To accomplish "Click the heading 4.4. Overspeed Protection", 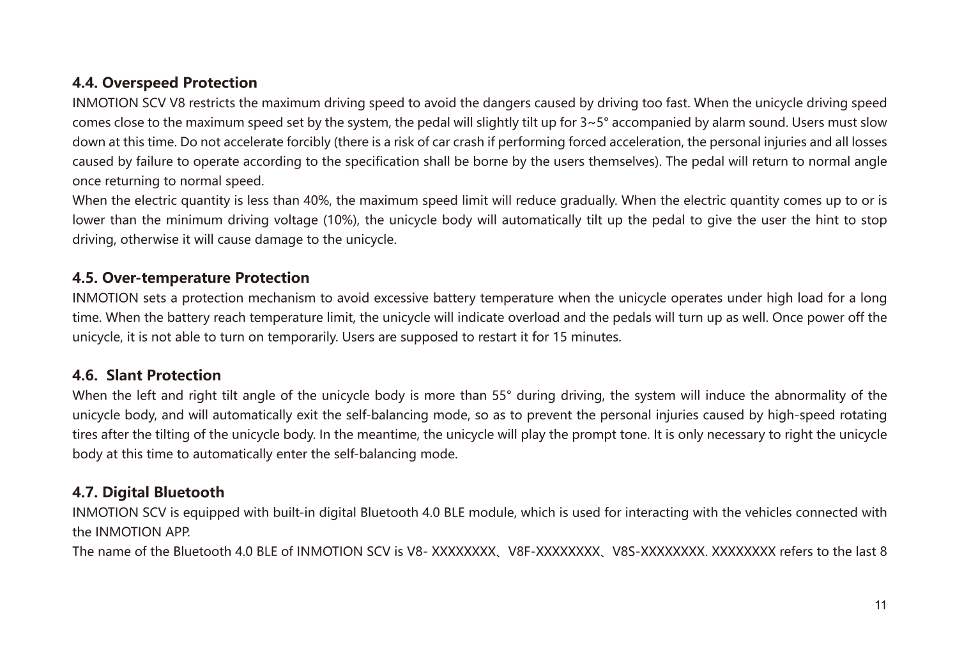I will pyautogui.click(x=165, y=83).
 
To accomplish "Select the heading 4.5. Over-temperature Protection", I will pyautogui.click(x=191, y=278).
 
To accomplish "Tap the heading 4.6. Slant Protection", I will pyautogui.click(x=147, y=375).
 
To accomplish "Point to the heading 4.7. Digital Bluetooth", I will pyautogui.click(x=148, y=492).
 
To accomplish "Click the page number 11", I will pyautogui.click(x=880, y=605).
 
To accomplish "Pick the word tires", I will pyautogui.click(x=84, y=435).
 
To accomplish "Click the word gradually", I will pyautogui.click(x=588, y=201).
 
